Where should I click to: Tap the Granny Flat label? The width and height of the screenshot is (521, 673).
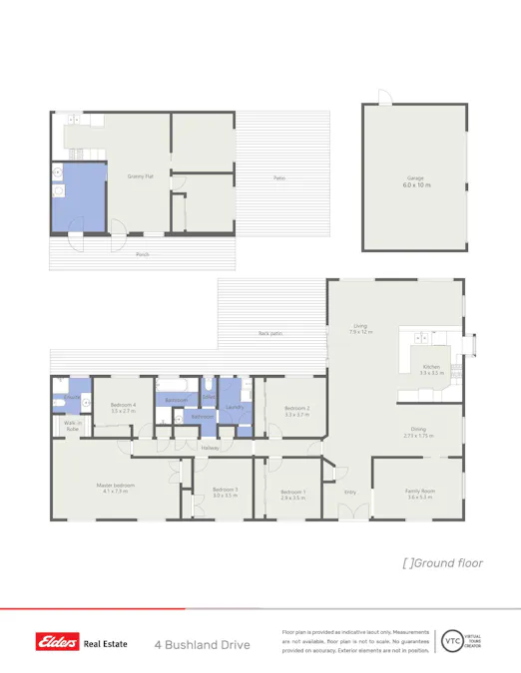[140, 176]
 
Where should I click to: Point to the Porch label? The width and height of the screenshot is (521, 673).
[143, 254]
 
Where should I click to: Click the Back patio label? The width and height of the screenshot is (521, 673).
[269, 332]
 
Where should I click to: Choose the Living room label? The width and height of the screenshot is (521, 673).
[360, 326]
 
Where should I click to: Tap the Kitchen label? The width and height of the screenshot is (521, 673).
[431, 367]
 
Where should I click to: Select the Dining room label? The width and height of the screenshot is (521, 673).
[417, 430]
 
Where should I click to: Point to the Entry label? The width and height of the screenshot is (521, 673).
[350, 492]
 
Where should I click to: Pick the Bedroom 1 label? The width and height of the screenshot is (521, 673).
[292, 492]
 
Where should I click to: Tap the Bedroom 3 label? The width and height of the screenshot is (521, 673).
[225, 490]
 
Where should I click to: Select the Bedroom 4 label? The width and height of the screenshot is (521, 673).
[123, 406]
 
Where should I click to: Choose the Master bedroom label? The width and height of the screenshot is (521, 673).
[117, 486]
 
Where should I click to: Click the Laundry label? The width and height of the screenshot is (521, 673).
[236, 407]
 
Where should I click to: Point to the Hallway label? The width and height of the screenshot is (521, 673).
[210, 448]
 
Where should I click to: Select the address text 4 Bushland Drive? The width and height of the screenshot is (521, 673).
[202, 645]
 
